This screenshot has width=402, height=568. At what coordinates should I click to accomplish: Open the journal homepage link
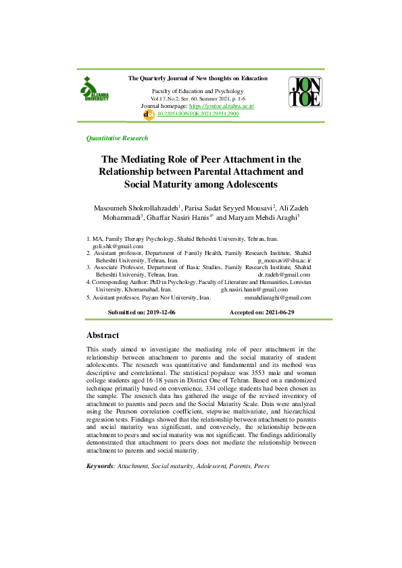221,107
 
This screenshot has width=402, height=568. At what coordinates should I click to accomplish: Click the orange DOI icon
150,115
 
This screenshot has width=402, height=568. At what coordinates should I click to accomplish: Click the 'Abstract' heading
103,335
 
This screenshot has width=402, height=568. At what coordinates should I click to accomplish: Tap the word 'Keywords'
101,466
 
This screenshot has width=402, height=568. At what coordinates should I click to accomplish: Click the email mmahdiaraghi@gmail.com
277,297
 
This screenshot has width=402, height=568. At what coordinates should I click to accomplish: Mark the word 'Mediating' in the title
148,159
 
